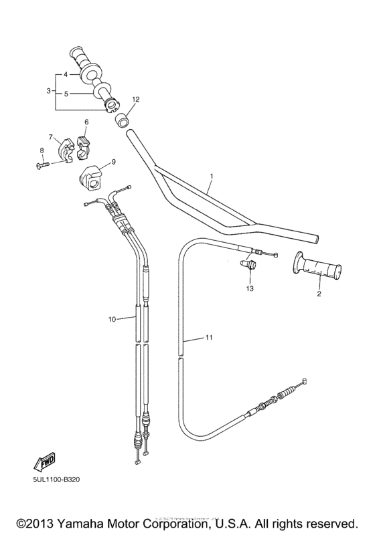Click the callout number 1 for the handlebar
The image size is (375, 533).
[211, 177]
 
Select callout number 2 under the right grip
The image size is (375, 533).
[319, 293]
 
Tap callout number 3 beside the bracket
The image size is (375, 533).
[48, 90]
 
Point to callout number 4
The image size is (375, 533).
[66, 75]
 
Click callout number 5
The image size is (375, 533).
[66, 94]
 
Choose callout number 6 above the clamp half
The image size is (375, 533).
[86, 122]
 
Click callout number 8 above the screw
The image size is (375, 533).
[42, 150]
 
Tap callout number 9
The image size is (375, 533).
[113, 161]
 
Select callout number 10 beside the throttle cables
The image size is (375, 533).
[112, 320]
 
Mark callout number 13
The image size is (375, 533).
[250, 288]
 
